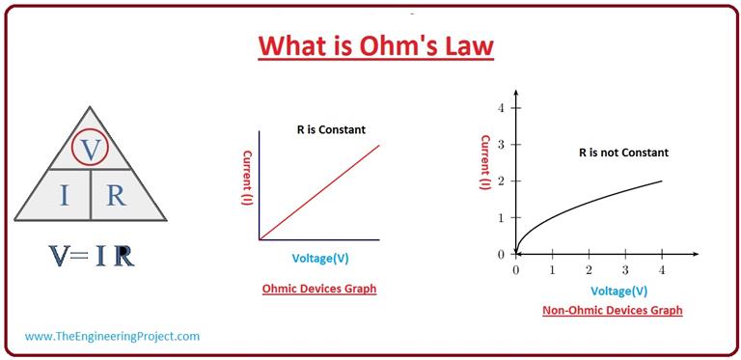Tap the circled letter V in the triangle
coord(91,149)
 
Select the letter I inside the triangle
coord(64,195)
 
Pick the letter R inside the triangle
coord(116,195)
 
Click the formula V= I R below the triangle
coord(92,256)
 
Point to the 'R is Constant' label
coord(331,129)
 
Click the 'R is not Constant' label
coord(623,152)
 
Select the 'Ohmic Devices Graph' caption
coord(319,289)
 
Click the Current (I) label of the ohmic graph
coord(247,180)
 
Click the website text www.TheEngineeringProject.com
coord(112,336)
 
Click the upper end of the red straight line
coord(378,145)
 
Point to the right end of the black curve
coord(662,181)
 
